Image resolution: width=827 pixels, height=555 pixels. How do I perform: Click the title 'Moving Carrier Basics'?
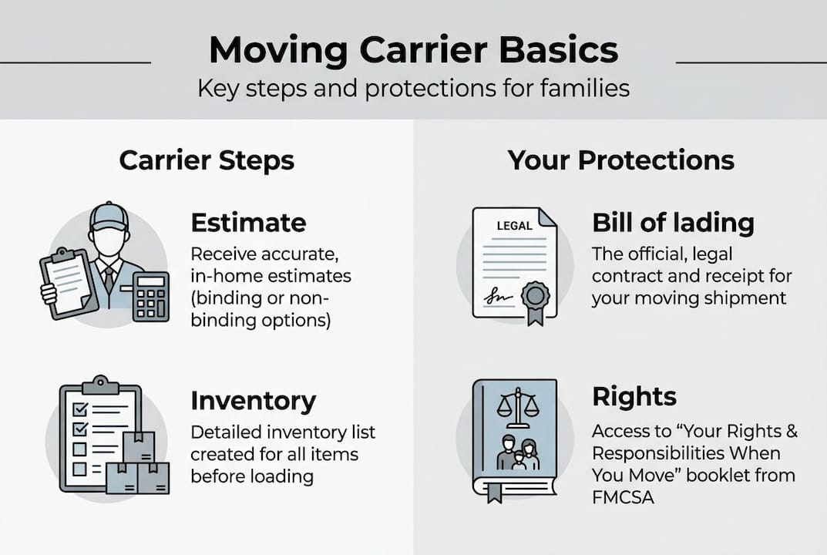413,51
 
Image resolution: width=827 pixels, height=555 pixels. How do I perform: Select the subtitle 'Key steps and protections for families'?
413,88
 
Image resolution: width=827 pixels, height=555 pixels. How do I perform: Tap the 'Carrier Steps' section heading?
207,160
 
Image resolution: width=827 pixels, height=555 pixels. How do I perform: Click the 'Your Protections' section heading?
620,160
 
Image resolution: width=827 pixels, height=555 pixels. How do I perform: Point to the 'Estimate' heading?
248,223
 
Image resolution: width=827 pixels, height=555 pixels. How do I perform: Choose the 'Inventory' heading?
253,401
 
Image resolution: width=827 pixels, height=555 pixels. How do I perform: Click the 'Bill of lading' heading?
673,223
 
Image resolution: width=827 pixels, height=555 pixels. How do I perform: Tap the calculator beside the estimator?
150,296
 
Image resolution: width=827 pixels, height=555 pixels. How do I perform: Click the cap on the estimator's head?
109,216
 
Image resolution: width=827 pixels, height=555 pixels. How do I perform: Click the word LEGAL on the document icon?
514,226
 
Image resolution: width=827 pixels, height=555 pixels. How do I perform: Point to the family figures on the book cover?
518,453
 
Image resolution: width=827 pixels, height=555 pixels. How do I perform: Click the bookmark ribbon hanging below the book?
493,491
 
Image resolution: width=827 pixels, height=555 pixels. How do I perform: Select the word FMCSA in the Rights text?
623,498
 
